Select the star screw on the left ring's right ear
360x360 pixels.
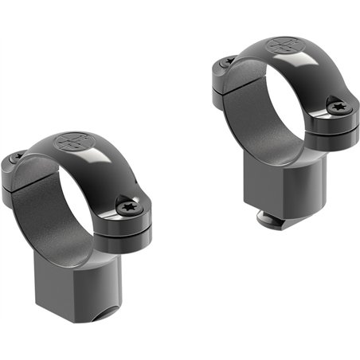click(x=127, y=207)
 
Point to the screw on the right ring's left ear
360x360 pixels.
click(x=228, y=61)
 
